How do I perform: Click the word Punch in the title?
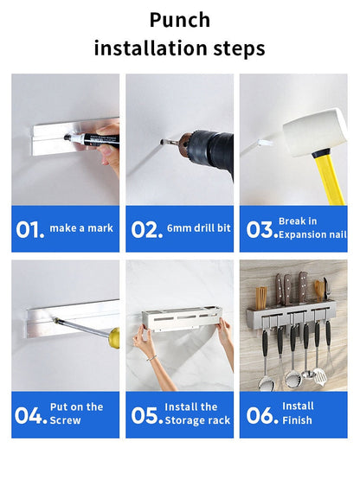click(180, 21)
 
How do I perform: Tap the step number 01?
click(30, 229)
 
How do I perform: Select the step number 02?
click(147, 229)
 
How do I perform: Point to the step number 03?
click(262, 229)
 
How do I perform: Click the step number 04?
click(30, 415)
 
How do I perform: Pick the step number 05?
click(147, 415)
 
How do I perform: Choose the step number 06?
click(262, 415)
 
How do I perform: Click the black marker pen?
click(92, 139)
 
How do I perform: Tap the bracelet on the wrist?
click(151, 357)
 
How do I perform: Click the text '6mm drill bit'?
click(199, 228)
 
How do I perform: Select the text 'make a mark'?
click(81, 228)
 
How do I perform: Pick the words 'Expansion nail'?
click(312, 234)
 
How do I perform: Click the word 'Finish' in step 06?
click(297, 420)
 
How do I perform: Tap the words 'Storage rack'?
click(197, 420)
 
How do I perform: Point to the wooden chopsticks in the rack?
click(261, 298)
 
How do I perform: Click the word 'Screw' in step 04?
click(65, 420)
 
